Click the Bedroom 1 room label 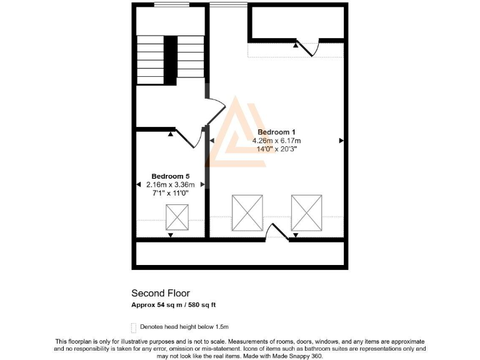click(x=277, y=132)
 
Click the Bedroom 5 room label click(x=170, y=176)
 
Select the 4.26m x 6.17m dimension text click(x=277, y=141)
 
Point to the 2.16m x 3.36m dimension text click(x=170, y=185)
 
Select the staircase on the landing click(x=171, y=60)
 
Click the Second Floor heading click(x=160, y=293)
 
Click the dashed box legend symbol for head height click(x=133, y=327)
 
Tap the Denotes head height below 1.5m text click(x=184, y=327)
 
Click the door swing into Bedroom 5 click(x=189, y=138)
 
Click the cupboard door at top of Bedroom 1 click(x=308, y=47)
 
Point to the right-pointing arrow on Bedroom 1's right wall click(x=341, y=141)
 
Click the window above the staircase click(x=172, y=5)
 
